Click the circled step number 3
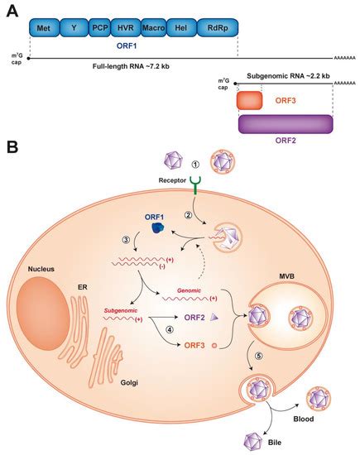[x=125, y=239]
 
